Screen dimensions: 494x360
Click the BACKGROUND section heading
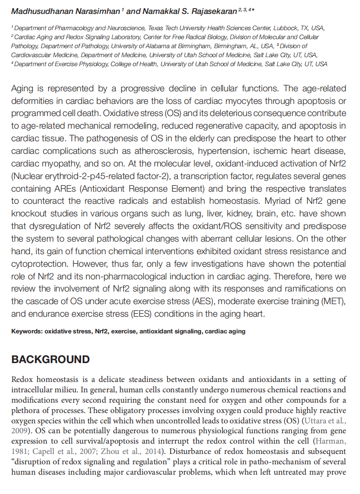tap(50, 359)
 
